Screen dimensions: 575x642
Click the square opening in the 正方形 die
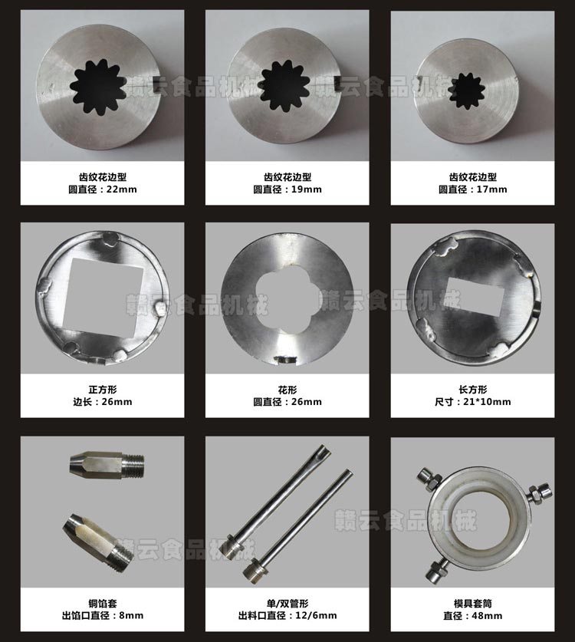(x=104, y=296)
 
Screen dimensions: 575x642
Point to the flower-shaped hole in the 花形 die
(x=287, y=302)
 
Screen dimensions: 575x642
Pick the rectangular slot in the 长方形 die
(x=475, y=296)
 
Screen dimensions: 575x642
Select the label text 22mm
(x=122, y=189)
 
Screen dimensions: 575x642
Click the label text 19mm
(x=307, y=189)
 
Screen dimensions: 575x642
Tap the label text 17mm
(x=492, y=189)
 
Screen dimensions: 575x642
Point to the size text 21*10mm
(x=487, y=402)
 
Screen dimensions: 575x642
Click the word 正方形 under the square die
(x=103, y=390)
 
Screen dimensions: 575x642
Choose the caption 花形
(x=287, y=390)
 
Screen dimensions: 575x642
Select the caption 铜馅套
(x=103, y=604)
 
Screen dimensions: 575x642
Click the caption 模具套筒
(x=473, y=604)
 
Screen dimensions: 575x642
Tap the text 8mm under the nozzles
(x=131, y=615)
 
